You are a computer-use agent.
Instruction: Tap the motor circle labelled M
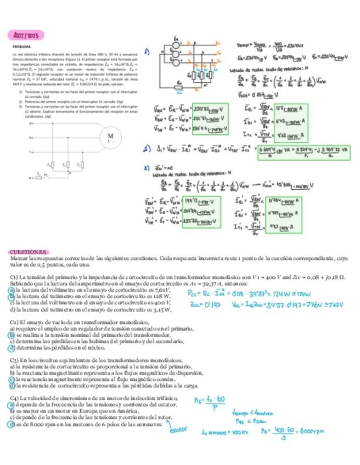(110, 135)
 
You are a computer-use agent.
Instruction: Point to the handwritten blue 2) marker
(147, 149)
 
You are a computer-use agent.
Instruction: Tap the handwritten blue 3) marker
(147, 167)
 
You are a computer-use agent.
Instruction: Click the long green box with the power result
(303, 152)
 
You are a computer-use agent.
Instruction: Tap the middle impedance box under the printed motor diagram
(65, 164)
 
